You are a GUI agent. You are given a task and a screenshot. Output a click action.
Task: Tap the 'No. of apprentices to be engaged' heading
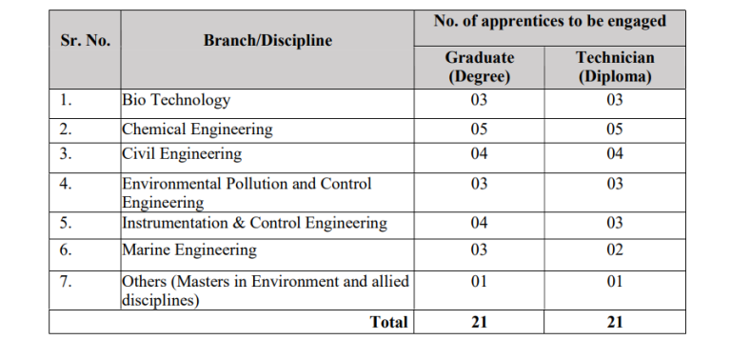tap(549, 22)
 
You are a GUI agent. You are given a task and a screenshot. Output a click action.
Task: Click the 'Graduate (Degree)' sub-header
tap(480, 67)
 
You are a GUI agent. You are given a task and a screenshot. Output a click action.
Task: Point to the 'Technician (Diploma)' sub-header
tap(615, 67)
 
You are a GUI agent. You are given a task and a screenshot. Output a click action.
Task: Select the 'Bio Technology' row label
tap(176, 100)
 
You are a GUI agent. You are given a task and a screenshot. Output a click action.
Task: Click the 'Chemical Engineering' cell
tap(197, 129)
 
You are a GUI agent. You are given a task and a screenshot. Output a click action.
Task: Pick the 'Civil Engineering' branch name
tap(182, 153)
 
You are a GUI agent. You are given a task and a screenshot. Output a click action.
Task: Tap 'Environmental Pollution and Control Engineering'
tap(247, 192)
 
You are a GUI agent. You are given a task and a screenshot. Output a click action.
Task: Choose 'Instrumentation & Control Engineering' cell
tap(254, 223)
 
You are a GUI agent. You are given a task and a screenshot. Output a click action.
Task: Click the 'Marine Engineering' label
tap(189, 250)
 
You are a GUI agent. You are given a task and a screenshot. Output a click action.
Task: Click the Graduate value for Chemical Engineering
tap(480, 129)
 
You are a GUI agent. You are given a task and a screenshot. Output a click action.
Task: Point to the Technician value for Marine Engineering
tap(615, 250)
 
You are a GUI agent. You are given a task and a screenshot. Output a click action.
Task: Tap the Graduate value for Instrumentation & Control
tap(480, 223)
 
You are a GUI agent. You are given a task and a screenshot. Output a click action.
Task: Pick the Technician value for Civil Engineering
tap(615, 153)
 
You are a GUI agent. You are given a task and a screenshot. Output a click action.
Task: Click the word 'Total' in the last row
tap(388, 322)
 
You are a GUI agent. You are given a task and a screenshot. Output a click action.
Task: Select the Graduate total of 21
tap(480, 322)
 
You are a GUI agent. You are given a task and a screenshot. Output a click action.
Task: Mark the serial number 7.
tap(65, 282)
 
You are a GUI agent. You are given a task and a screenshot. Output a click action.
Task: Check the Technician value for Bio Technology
tap(615, 100)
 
